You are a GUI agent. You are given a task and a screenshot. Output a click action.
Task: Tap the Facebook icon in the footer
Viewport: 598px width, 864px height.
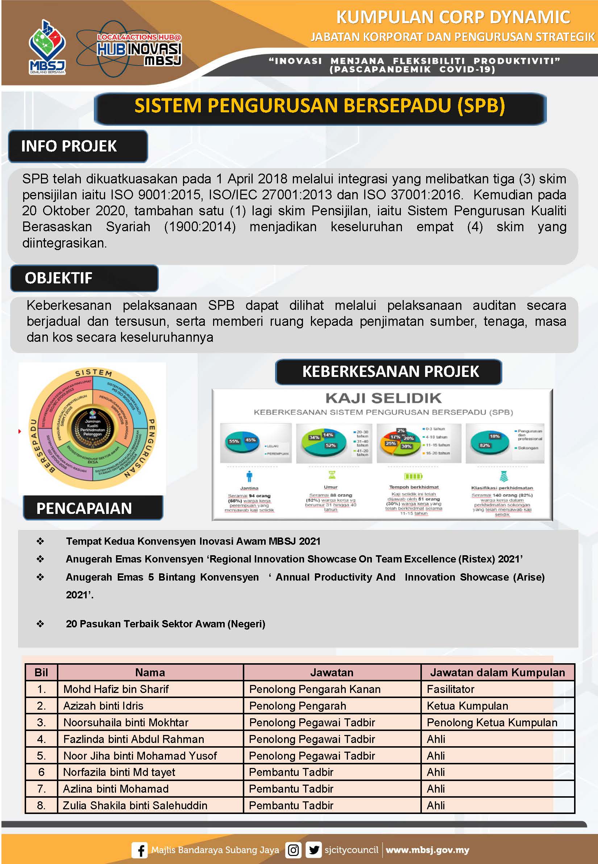139,850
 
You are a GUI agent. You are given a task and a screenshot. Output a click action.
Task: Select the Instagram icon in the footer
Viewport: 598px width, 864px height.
293,850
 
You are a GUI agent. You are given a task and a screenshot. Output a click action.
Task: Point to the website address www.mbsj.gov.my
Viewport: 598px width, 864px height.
427,850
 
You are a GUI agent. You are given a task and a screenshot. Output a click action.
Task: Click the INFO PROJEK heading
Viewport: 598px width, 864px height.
69,146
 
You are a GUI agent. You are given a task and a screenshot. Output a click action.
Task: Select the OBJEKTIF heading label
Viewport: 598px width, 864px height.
58,278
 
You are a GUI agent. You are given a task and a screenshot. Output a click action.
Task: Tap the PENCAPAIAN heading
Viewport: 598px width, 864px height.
84,508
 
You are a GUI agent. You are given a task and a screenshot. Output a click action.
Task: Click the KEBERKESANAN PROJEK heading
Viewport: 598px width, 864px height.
390,371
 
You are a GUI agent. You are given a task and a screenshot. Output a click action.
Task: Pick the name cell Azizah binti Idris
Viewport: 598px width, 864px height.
103,706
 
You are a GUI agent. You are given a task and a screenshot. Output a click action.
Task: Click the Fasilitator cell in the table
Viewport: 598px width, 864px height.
450,689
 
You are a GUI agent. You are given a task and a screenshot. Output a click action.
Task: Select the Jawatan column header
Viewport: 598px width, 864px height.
332,673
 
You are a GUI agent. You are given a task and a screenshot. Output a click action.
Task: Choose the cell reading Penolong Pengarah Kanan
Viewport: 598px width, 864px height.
315,689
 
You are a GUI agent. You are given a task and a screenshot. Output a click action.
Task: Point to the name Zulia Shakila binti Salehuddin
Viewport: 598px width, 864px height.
135,805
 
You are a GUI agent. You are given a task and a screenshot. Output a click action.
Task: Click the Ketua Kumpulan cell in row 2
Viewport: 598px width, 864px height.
467,706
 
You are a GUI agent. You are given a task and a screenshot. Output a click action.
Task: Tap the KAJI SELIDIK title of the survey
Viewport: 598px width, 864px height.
383,398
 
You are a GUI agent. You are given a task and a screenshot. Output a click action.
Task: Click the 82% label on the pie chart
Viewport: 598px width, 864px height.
485,445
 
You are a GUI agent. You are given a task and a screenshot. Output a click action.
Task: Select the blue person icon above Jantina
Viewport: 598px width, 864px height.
249,476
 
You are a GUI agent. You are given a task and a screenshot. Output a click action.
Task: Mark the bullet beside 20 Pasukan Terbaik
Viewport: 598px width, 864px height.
40,624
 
